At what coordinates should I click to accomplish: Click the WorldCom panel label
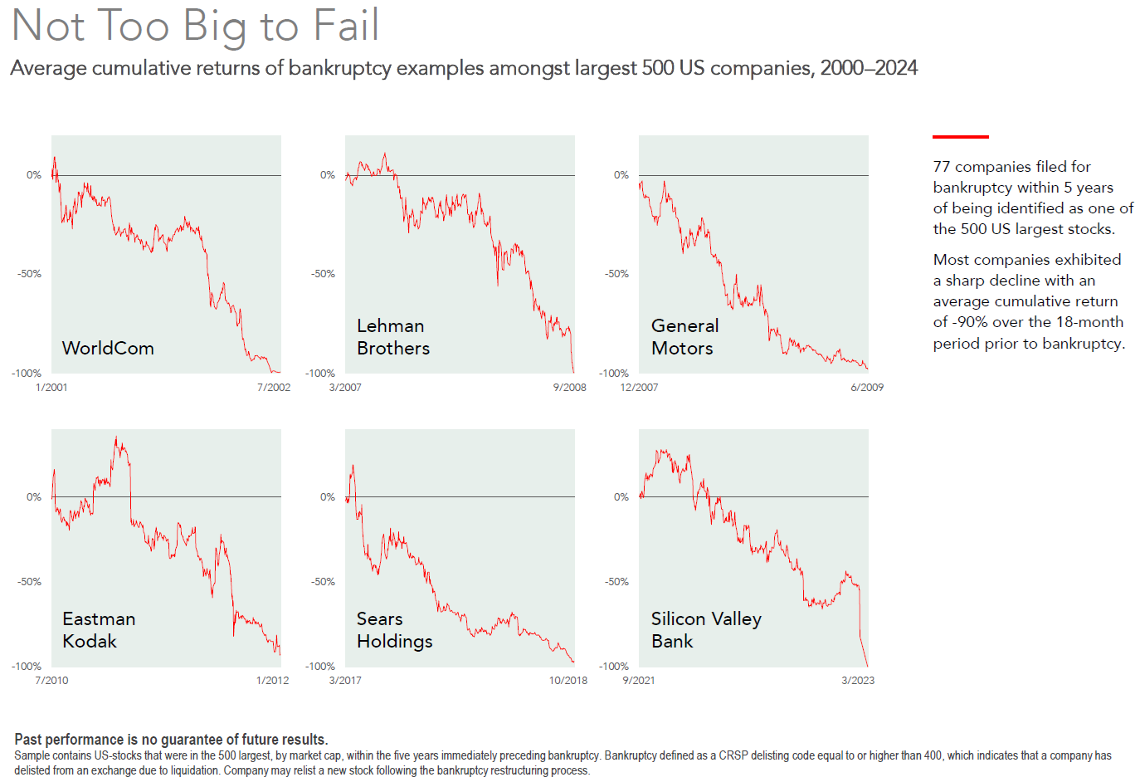tap(108, 348)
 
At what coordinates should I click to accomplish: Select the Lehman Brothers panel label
tap(393, 337)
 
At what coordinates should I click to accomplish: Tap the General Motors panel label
tap(684, 337)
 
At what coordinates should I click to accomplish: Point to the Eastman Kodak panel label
tap(99, 630)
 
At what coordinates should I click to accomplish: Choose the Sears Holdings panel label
tap(394, 630)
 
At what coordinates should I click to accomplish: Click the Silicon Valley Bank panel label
tap(706, 630)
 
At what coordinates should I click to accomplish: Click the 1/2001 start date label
tap(51, 388)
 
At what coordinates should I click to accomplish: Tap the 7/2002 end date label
tap(274, 388)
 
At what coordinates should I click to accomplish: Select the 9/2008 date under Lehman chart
tap(569, 388)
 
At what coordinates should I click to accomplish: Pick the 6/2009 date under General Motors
tap(867, 388)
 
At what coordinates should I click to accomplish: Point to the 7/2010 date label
tap(51, 681)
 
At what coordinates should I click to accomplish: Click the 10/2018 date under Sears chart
tap(568, 681)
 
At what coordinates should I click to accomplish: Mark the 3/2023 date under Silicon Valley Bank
tap(858, 681)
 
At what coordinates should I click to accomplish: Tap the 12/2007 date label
tap(639, 388)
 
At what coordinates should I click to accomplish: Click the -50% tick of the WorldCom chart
tap(30, 274)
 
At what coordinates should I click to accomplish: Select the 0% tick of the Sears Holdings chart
tap(328, 497)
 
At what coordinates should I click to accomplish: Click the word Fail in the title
tap(347, 26)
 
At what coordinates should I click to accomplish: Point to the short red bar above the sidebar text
tap(961, 136)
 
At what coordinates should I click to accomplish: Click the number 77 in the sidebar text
tap(942, 167)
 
